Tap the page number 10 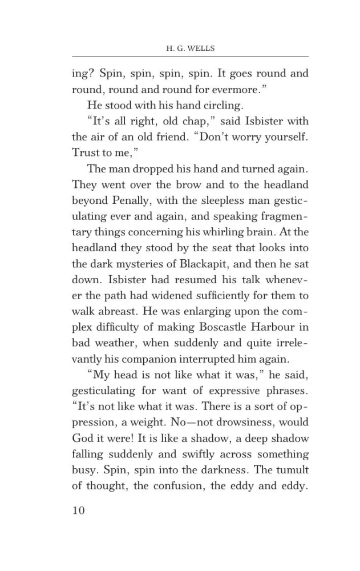(78, 510)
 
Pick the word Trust (85, 152)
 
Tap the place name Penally (130, 200)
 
